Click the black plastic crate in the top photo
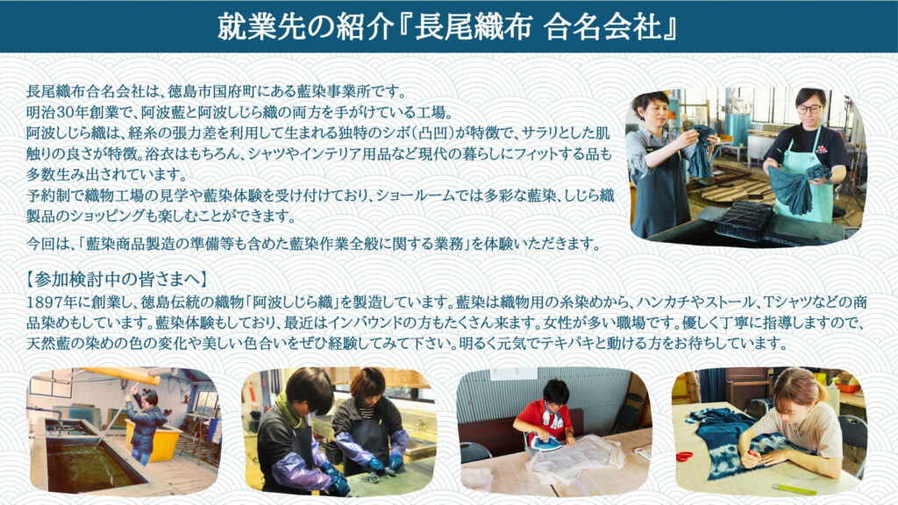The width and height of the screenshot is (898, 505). tap(745, 219)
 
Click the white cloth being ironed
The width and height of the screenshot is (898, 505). tap(575, 458)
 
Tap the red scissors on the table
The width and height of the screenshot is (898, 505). tap(684, 456)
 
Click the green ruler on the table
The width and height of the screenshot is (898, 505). tap(794, 490)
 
